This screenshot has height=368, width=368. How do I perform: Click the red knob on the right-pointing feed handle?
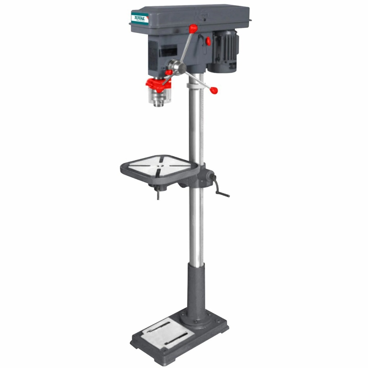pos(214,89)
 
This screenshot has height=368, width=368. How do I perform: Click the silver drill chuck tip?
pos(158,102)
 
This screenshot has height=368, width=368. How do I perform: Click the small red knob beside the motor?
pos(208,42)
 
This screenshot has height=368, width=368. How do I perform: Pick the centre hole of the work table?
pos(160,165)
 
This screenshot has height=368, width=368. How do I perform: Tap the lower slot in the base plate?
pos(176,339)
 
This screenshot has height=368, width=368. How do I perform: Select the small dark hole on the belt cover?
pos(204,20)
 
